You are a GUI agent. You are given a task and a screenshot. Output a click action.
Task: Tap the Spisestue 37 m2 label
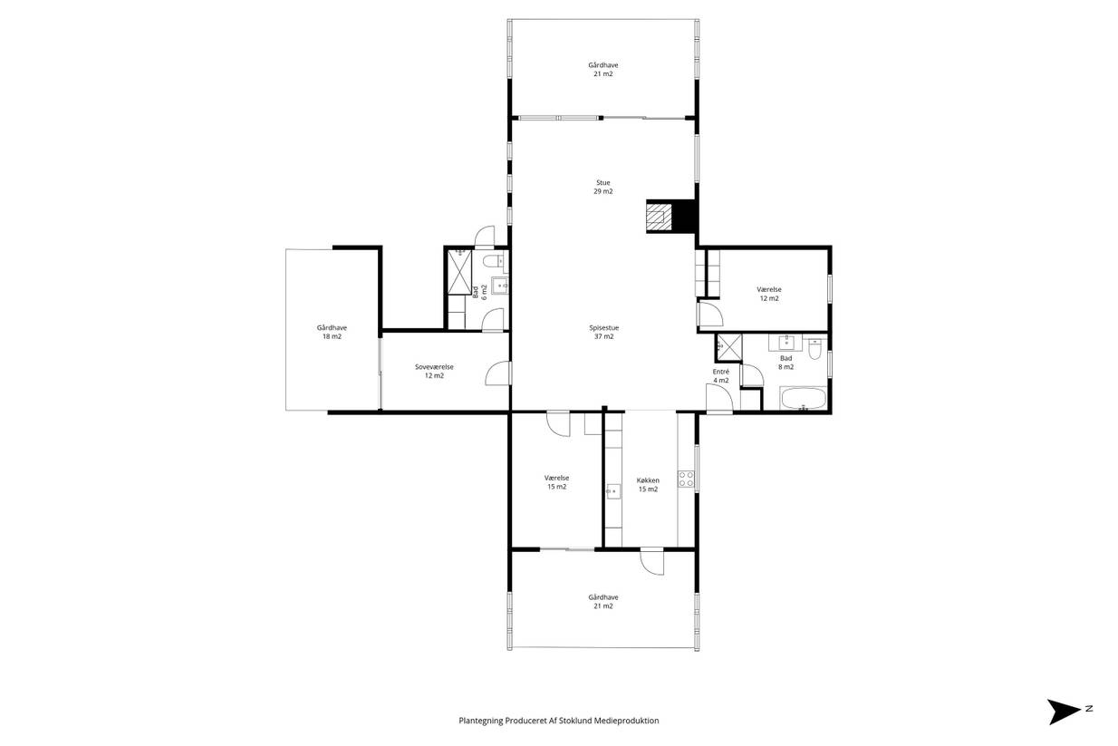604,332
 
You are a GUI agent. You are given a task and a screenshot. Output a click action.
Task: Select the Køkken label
648,480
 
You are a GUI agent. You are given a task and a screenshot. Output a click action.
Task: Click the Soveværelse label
434,367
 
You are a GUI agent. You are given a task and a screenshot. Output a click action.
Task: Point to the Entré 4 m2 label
720,376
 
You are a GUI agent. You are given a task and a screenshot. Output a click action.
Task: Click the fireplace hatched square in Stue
659,217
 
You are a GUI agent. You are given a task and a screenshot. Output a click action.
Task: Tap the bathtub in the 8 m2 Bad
803,399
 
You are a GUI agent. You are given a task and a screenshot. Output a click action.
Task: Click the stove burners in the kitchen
686,479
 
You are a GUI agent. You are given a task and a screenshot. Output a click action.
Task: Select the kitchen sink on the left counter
613,491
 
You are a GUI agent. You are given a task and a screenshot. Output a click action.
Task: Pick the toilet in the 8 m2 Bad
814,349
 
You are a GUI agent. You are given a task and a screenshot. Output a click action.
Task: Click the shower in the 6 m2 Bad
459,272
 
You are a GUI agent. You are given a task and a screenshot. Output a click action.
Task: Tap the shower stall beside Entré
728,347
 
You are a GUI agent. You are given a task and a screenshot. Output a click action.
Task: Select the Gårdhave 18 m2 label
332,332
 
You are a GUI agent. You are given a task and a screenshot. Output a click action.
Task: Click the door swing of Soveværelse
497,373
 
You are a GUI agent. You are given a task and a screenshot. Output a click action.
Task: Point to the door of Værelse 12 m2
709,314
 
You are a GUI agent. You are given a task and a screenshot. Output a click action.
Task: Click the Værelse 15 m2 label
556,482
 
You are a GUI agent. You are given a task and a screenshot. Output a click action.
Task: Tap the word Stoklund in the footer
575,721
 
